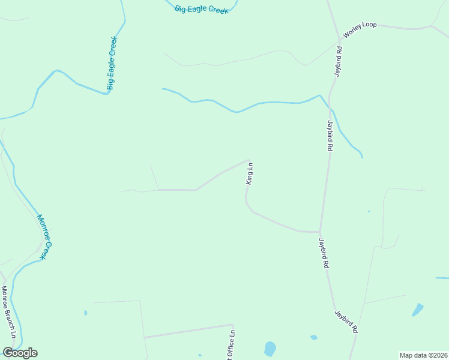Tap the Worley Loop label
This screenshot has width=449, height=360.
point(360,28)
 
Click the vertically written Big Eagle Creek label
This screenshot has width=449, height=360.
point(111,63)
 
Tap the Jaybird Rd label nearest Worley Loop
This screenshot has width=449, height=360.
point(339,60)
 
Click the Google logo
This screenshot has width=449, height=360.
point(20,353)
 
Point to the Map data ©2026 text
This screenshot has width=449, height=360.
point(423,355)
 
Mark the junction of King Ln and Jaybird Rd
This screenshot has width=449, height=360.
point(319,232)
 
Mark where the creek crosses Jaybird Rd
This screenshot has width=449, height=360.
point(330,108)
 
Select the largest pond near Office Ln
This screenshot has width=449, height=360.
point(270,348)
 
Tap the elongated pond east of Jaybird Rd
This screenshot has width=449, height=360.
point(417,310)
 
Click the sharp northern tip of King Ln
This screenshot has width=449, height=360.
point(249,160)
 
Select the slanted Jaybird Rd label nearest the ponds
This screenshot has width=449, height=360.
point(346,321)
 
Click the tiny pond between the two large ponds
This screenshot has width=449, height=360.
point(313,337)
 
